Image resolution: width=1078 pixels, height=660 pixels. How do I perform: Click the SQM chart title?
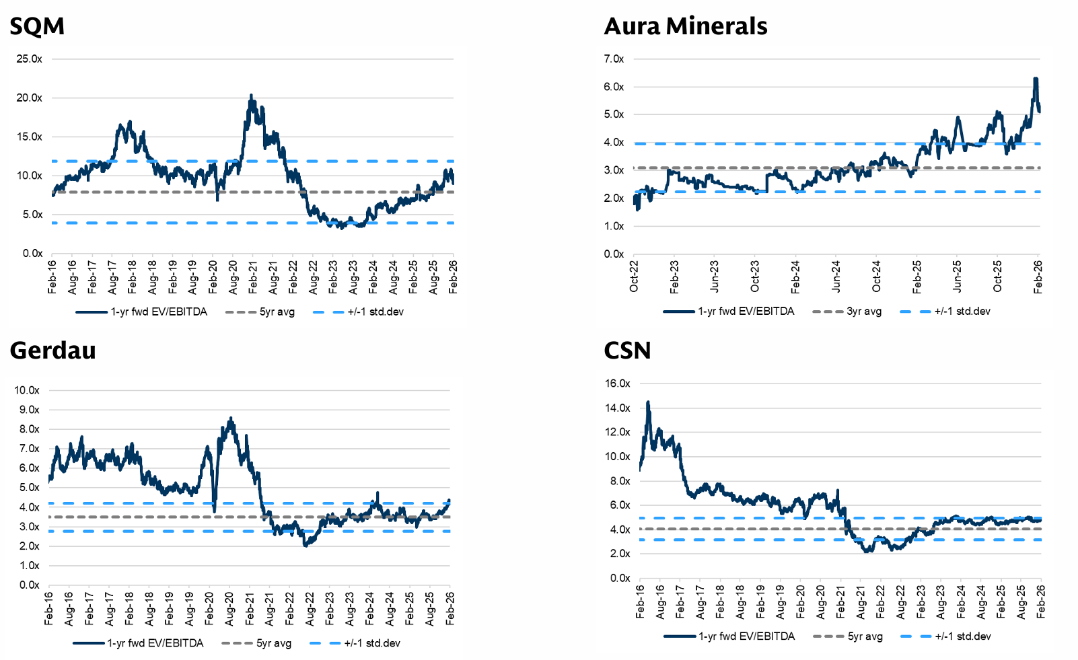click(x=37, y=26)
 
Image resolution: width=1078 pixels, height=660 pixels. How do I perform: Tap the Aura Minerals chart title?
click(x=685, y=26)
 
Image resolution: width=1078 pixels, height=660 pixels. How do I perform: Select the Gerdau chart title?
click(x=52, y=351)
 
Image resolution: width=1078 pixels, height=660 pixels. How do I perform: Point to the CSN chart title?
click(x=627, y=351)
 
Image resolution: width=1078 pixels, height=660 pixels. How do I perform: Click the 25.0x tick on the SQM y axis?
click(x=29, y=59)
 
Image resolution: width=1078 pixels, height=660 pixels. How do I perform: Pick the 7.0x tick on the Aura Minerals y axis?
click(x=614, y=59)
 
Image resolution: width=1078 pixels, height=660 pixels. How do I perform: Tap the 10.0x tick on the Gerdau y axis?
click(x=27, y=390)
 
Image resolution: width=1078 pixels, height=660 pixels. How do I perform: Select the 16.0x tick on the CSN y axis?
click(x=617, y=383)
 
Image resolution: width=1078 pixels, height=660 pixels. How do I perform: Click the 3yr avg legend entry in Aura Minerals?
click(x=864, y=311)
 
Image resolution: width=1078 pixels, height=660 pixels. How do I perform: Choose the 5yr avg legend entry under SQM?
click(x=277, y=312)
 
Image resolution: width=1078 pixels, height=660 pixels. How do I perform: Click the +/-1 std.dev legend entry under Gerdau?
click(x=372, y=643)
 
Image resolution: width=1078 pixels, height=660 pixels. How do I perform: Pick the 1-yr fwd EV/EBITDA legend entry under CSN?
click(x=746, y=636)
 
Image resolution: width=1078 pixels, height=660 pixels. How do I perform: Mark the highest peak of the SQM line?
click(x=251, y=96)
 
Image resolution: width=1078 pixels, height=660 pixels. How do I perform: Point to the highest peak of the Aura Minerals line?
click(x=1036, y=79)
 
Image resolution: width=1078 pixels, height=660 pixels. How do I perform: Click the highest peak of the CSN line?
click(x=648, y=402)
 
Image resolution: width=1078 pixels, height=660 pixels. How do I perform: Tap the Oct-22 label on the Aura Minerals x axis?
click(x=634, y=277)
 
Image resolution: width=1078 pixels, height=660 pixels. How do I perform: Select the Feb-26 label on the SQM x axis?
click(x=453, y=277)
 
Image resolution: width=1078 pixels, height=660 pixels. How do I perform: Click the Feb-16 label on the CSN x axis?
click(x=640, y=601)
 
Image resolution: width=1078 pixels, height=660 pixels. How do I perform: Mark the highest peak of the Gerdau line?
click(x=231, y=418)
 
